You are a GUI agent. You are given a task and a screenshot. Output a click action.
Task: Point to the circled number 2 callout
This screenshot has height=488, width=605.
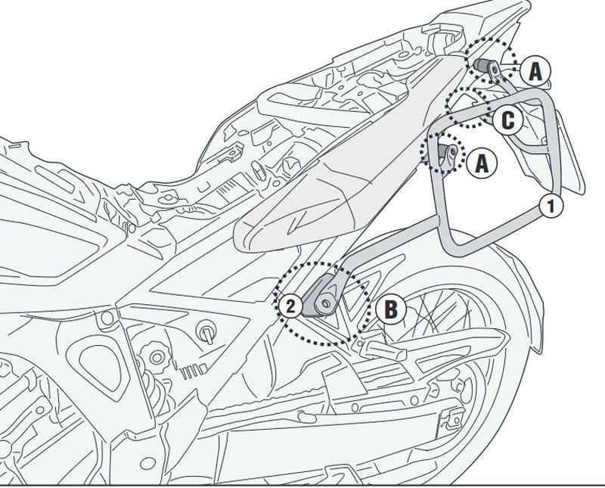coord(290,306)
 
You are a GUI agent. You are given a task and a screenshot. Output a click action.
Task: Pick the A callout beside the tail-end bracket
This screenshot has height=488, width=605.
coord(535,71)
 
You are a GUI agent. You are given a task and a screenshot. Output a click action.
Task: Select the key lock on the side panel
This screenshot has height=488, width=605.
coord(203,330)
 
